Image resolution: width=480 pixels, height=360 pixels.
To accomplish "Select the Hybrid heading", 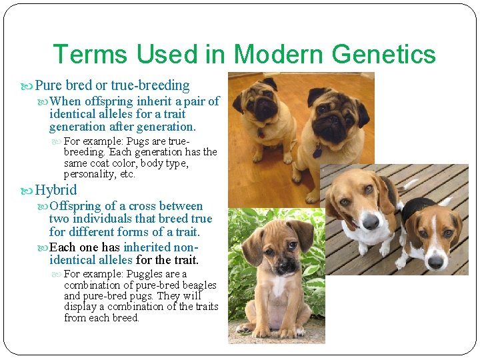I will tap(56, 190).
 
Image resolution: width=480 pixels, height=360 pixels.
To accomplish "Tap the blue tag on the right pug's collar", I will tap(317, 151).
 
